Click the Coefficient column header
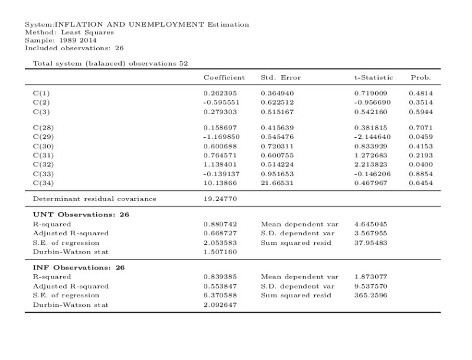[224, 77]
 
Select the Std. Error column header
[281, 77]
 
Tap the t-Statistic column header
[370, 77]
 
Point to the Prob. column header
[421, 77]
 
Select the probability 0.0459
[421, 137]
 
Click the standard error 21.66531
[277, 183]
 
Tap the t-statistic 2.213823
[370, 164]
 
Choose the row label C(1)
[41, 93]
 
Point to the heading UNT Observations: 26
[81, 215]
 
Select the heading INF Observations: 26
[79, 267]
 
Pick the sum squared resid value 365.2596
[370, 296]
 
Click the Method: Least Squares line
[69, 32]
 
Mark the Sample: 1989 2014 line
[61, 40]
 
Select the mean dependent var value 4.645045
[370, 224]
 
